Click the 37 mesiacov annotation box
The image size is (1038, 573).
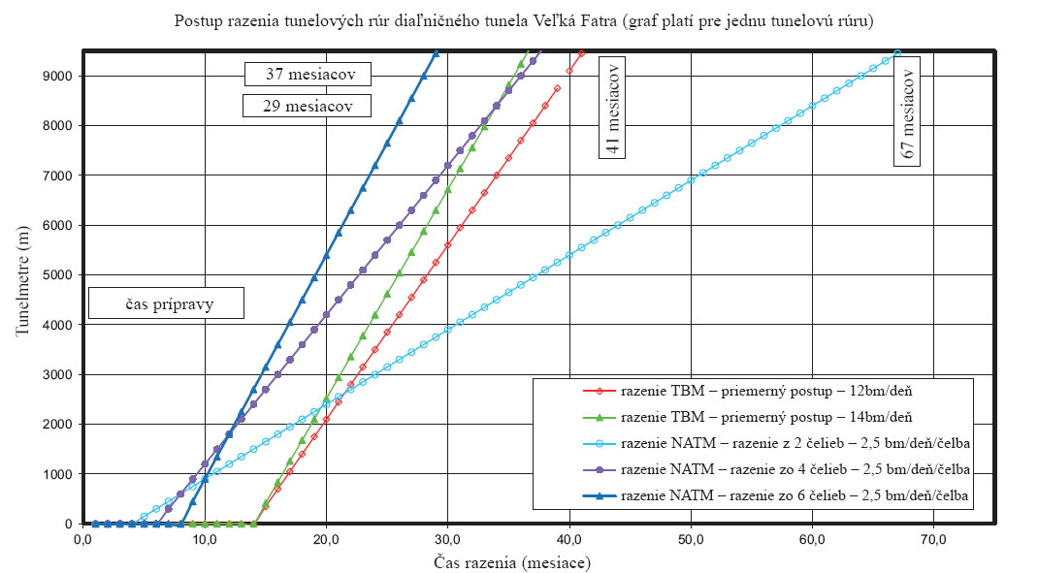[307, 74]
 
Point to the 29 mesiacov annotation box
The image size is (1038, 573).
[307, 105]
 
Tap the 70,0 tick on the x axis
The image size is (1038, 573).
[933, 539]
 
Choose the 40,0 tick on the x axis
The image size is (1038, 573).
[568, 539]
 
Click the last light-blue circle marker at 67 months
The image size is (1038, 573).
[897, 53]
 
